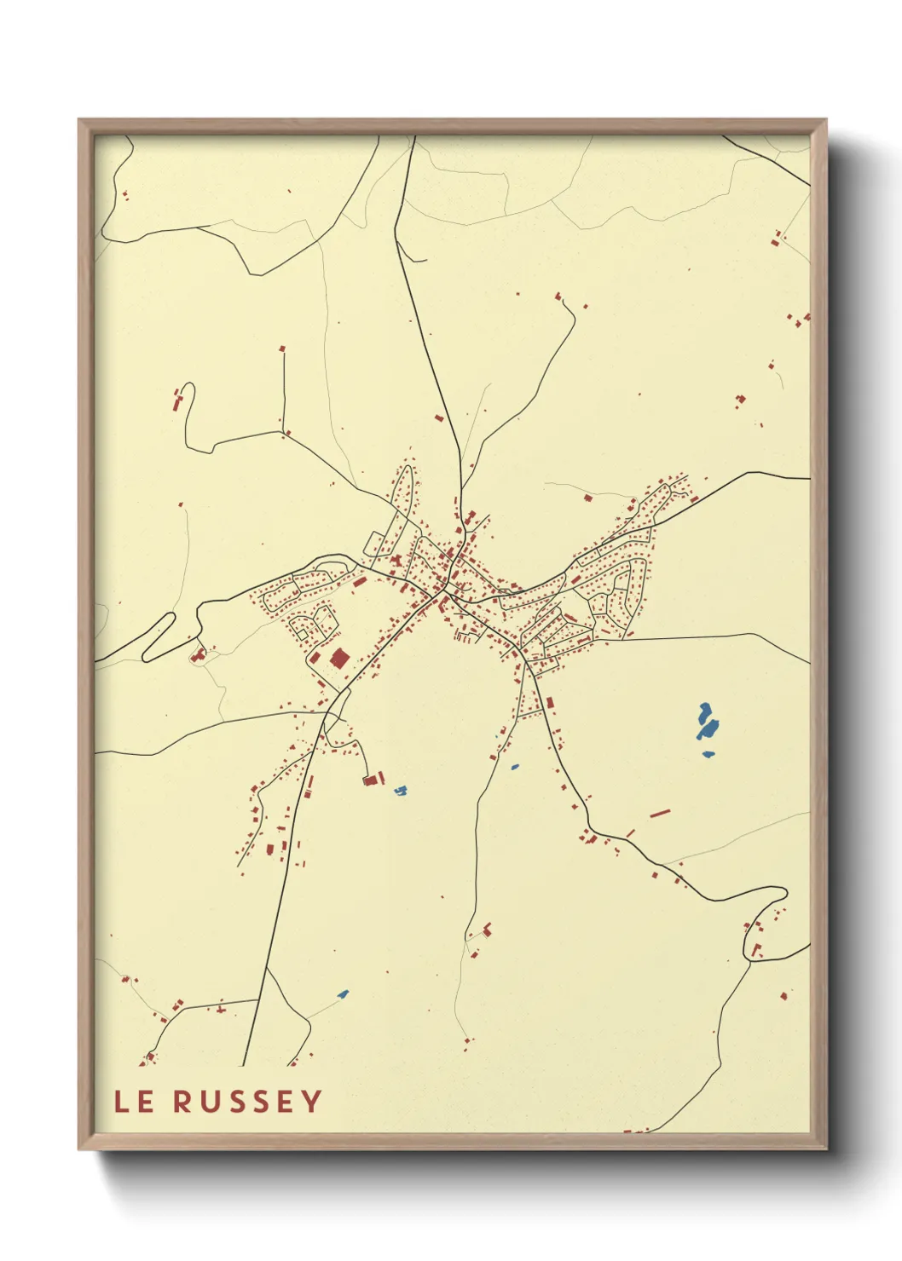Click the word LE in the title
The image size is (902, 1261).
(x=134, y=1102)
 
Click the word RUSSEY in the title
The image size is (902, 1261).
(x=247, y=1102)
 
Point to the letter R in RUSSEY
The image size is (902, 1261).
(x=182, y=1102)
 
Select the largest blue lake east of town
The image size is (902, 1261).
(x=708, y=723)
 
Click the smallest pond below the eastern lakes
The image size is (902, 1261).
(x=708, y=754)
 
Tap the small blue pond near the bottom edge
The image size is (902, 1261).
(x=343, y=993)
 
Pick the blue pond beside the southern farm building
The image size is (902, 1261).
(x=400, y=791)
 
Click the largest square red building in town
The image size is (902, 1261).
(x=339, y=658)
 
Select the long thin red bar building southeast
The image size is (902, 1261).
(x=660, y=814)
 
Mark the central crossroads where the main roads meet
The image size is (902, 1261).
(x=445, y=590)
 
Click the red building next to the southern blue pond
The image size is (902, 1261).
(x=369, y=779)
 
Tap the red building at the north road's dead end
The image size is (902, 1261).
(x=559, y=297)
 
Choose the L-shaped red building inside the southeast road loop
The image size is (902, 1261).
(x=755, y=948)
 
